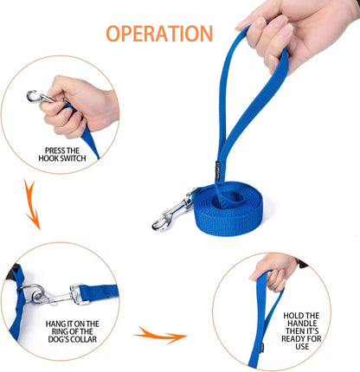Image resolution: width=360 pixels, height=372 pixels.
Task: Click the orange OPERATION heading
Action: [x=159, y=34]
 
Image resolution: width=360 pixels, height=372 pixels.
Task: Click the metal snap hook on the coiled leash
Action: [x=172, y=214]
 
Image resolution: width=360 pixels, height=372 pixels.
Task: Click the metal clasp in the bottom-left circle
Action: [x=48, y=295]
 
